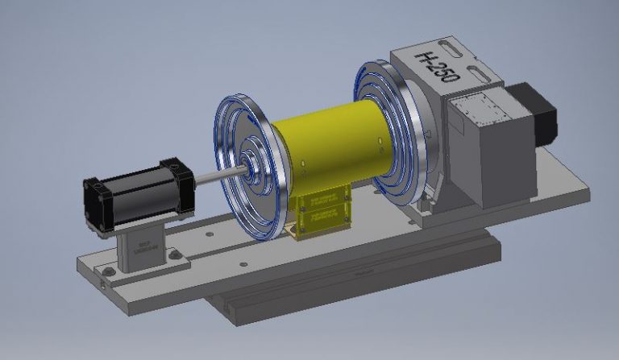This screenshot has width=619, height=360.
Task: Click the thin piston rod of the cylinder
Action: (x=218, y=175)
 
